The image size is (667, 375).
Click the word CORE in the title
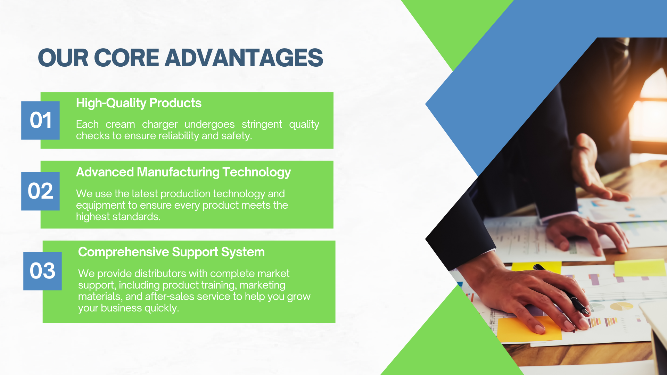(126, 58)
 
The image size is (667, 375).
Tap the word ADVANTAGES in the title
(244, 58)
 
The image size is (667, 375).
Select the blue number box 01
(40, 120)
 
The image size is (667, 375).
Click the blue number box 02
(40, 191)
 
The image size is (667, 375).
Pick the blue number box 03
(42, 271)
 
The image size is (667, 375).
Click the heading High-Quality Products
(139, 103)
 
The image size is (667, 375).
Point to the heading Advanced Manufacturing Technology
(183, 172)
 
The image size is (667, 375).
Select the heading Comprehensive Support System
(171, 252)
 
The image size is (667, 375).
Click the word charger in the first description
(160, 125)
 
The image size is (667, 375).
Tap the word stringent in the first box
(262, 125)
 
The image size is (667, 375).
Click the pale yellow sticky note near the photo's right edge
(640, 268)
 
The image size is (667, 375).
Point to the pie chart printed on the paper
(621, 306)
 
